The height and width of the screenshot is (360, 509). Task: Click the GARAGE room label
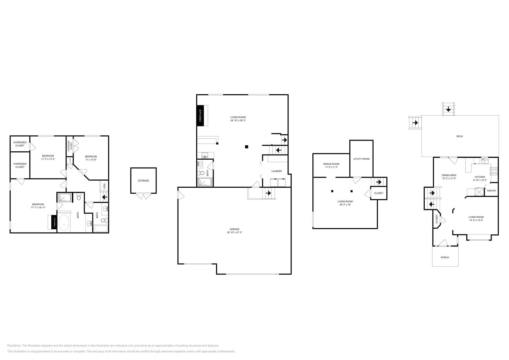pyautogui.click(x=234, y=229)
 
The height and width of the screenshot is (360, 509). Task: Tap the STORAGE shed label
pyautogui.click(x=143, y=181)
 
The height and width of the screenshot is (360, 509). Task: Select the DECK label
pyautogui.click(x=459, y=136)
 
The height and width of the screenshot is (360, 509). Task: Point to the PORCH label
pyautogui.click(x=445, y=257)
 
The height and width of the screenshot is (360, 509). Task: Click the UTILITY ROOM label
pyautogui.click(x=361, y=159)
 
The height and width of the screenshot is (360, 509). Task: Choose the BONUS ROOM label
pyautogui.click(x=331, y=164)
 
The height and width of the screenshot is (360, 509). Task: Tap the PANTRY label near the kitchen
pyautogui.click(x=492, y=191)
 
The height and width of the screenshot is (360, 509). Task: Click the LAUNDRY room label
pyautogui.click(x=276, y=171)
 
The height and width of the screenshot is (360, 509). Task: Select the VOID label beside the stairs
pyautogui.click(x=104, y=186)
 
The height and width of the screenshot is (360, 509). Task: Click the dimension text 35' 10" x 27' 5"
pyautogui.click(x=234, y=232)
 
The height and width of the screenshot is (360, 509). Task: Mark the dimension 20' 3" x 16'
pyautogui.click(x=345, y=204)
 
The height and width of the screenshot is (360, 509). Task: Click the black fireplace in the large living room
pyautogui.click(x=200, y=115)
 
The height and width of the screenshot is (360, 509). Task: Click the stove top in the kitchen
pyautogui.click(x=494, y=171)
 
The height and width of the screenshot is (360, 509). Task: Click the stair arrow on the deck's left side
pyautogui.click(x=415, y=122)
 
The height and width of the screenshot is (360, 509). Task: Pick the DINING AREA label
pyautogui.click(x=449, y=175)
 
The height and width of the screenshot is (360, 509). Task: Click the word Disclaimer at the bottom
pyautogui.click(x=14, y=345)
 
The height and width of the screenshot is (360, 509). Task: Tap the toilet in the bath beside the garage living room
pyautogui.click(x=201, y=173)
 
